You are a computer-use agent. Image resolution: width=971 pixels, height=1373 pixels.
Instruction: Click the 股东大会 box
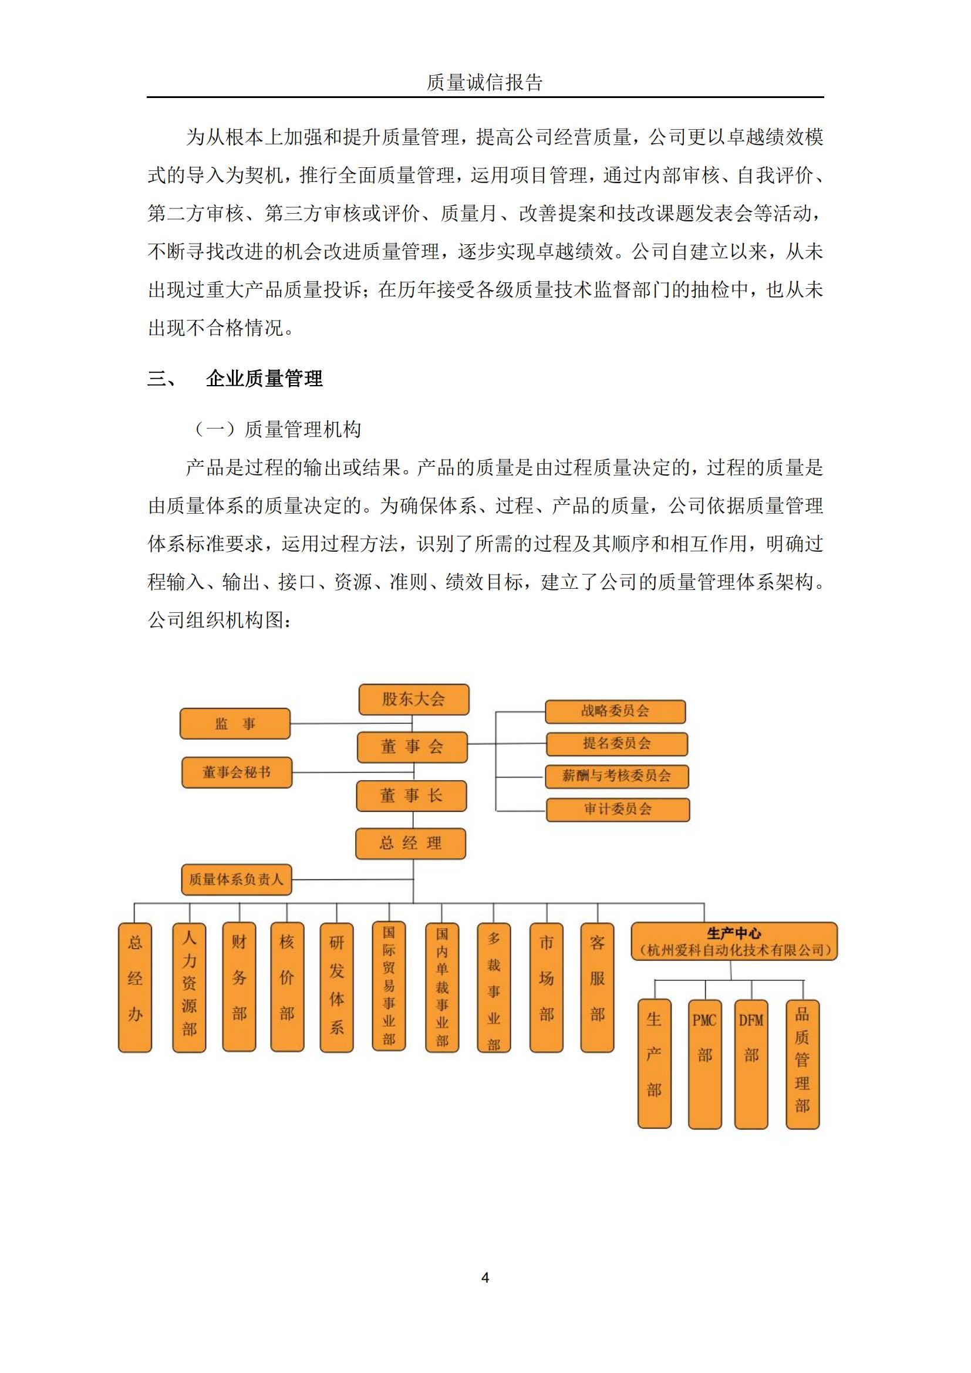[x=413, y=699]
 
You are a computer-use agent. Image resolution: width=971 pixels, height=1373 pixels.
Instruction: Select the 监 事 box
[x=235, y=724]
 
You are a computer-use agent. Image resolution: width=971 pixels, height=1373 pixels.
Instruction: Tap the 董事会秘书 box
[x=236, y=772]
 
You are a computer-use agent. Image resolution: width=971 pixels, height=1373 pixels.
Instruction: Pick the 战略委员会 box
[x=615, y=711]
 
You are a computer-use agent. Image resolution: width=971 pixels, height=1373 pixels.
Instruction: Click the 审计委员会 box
[x=618, y=809]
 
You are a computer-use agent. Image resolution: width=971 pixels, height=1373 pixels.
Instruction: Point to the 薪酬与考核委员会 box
[x=616, y=776]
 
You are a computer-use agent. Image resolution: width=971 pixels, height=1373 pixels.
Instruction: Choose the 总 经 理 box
[x=410, y=844]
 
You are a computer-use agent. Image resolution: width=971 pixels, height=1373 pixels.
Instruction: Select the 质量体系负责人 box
[x=236, y=880]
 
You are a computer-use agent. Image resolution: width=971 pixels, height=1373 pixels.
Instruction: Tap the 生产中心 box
[x=734, y=942]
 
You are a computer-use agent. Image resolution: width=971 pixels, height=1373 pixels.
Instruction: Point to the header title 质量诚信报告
[x=485, y=83]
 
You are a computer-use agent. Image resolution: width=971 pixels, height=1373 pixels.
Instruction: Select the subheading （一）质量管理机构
[x=278, y=429]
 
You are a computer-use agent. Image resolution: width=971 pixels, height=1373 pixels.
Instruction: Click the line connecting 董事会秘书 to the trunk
[x=353, y=772]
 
